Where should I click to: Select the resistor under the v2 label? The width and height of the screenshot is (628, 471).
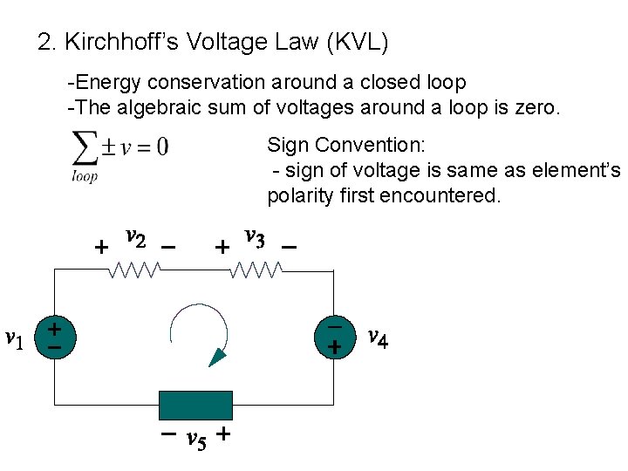tap(133, 272)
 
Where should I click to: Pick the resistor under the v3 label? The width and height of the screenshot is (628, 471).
tap(255, 272)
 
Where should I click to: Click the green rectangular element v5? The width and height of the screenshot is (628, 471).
tap(195, 406)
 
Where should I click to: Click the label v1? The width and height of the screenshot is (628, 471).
tap(15, 338)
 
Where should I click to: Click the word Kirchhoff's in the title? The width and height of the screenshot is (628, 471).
tap(112, 41)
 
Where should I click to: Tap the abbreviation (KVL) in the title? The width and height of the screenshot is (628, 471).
tap(353, 41)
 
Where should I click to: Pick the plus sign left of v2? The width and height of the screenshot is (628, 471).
tap(101, 248)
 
